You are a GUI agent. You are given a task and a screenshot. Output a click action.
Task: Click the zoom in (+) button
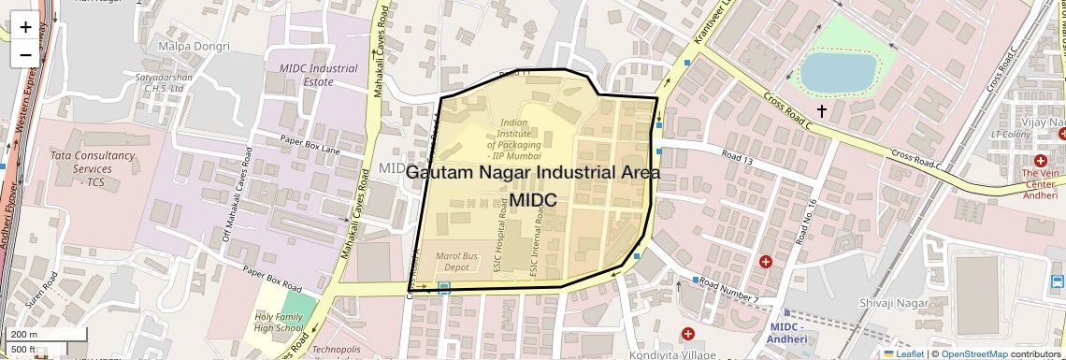click(x=25, y=27)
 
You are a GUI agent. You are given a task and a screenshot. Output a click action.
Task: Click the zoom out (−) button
click(x=25, y=54)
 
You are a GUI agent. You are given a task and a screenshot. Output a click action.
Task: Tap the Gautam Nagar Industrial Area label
click(x=533, y=173)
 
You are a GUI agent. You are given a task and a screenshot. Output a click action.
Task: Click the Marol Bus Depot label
click(x=457, y=261)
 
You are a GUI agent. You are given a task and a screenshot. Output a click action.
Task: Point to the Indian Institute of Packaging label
click(x=520, y=138)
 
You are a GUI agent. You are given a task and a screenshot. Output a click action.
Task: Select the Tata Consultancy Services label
click(x=94, y=168)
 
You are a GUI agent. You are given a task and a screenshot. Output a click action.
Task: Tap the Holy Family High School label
click(x=279, y=323)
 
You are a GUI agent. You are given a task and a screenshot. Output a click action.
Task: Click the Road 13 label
click(x=736, y=156)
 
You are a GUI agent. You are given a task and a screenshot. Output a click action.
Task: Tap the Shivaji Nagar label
click(x=894, y=303)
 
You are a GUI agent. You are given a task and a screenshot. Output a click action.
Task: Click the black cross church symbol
click(x=822, y=111)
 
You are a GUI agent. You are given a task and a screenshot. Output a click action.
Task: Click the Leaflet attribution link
click(x=903, y=353)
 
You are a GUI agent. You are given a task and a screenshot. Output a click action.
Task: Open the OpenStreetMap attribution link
click(x=973, y=353)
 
